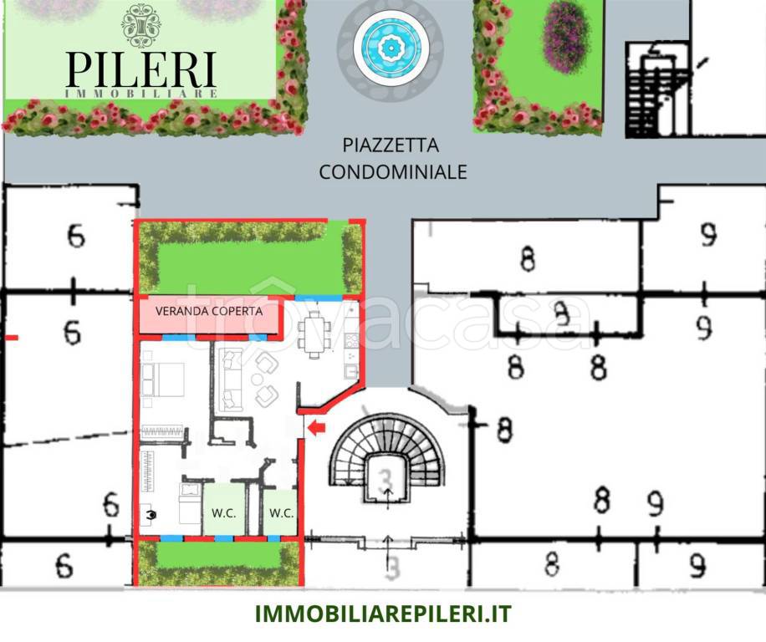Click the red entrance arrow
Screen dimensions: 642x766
(x=317, y=429)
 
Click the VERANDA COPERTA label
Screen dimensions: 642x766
(x=209, y=311)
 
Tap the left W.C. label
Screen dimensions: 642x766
(x=222, y=512)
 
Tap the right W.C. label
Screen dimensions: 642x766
(x=281, y=512)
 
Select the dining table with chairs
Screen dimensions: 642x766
(x=314, y=334)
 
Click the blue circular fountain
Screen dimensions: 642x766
(x=390, y=48)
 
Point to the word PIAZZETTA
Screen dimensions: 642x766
(x=391, y=145)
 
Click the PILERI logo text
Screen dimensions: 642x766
(x=141, y=69)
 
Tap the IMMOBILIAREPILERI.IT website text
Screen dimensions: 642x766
(x=383, y=614)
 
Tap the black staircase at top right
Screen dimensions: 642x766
(x=656, y=92)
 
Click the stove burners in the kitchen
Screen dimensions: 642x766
(x=351, y=340)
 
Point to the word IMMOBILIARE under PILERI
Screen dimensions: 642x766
(x=141, y=94)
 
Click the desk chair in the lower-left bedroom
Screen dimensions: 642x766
(x=151, y=516)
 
